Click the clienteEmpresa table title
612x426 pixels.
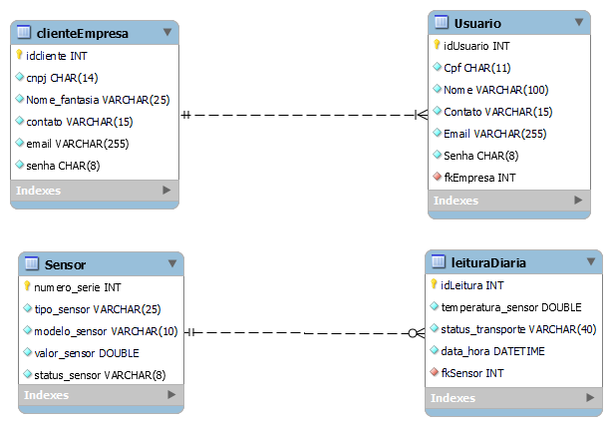pyautogui.click(x=87, y=33)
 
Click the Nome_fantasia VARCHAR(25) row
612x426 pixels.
pyautogui.click(x=98, y=100)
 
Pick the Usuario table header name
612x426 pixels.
pyautogui.click(x=477, y=23)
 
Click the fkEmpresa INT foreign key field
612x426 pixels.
pyautogui.click(x=478, y=178)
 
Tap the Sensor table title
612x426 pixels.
pyautogui.click(x=65, y=264)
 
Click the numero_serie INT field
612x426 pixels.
pyautogui.click(x=78, y=287)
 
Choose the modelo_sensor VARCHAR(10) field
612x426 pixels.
pyautogui.click(x=106, y=331)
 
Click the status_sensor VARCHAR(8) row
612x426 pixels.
pyautogui.click(x=100, y=375)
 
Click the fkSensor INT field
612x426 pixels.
pyautogui.click(x=472, y=373)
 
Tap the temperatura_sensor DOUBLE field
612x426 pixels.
pyautogui.click(x=511, y=307)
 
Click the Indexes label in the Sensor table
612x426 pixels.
pyautogui.click(x=47, y=395)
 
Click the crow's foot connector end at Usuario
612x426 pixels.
pyautogui.click(x=420, y=115)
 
